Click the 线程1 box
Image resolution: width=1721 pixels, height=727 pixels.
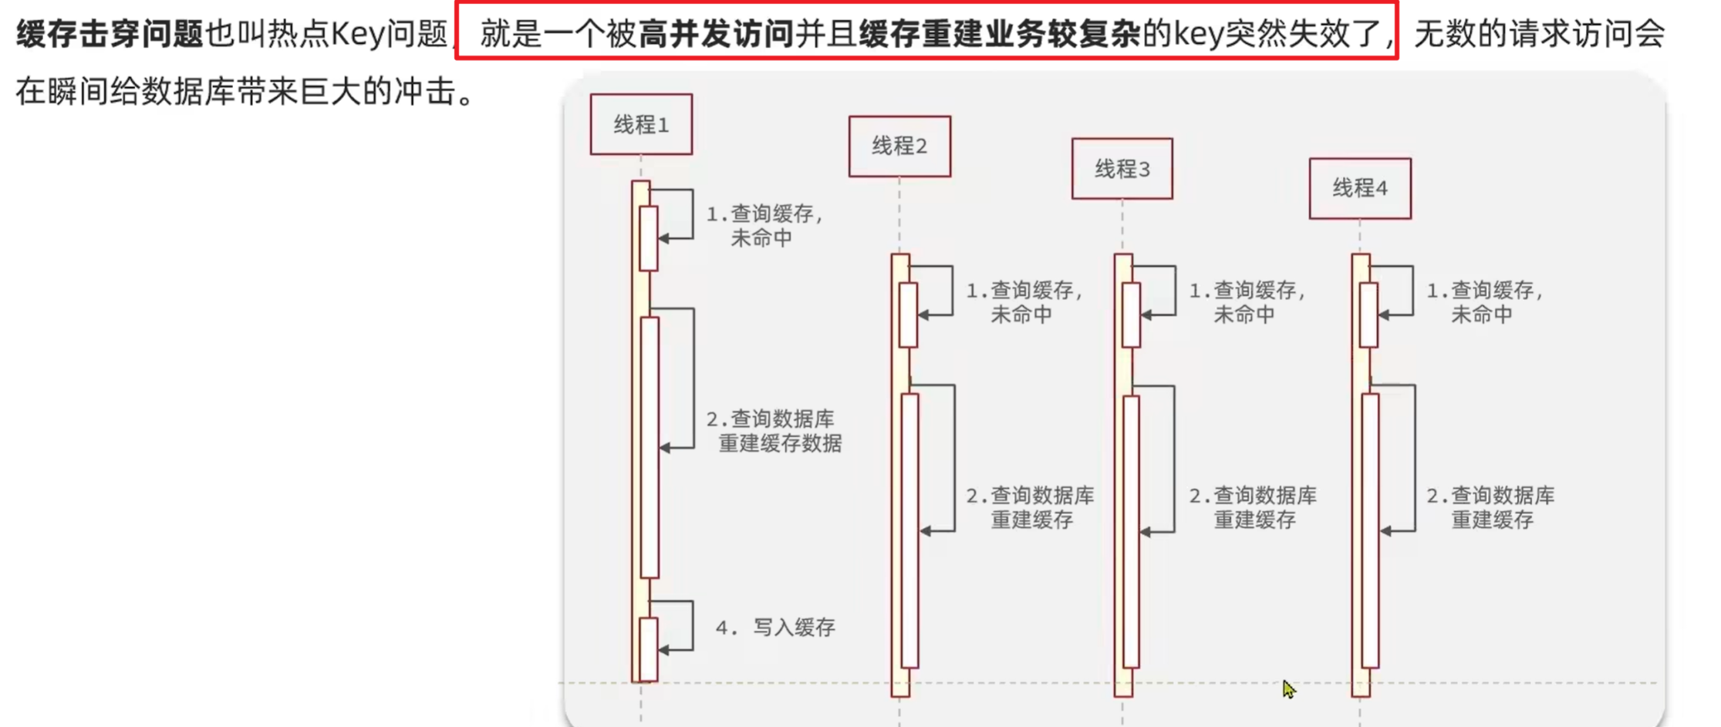tap(641, 124)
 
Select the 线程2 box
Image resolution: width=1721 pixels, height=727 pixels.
tap(899, 146)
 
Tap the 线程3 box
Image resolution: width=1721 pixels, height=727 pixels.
tap(1122, 168)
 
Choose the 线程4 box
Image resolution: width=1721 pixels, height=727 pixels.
tap(1360, 188)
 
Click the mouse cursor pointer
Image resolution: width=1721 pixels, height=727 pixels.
tap(1287, 688)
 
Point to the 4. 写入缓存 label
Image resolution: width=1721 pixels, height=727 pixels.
tap(775, 628)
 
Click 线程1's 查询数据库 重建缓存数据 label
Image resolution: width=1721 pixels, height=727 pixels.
tap(774, 431)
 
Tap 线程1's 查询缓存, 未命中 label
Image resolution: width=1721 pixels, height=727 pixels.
tap(764, 225)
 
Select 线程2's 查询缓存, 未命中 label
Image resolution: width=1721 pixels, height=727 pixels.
tap(1024, 302)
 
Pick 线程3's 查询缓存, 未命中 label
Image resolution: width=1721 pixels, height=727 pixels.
tap(1247, 302)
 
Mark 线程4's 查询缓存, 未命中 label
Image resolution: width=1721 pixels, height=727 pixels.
tap(1484, 302)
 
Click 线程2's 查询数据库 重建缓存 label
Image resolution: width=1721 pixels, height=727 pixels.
tap(1030, 507)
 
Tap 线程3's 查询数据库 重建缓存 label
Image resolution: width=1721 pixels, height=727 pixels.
tap(1253, 507)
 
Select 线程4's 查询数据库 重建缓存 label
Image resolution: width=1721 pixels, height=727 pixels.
tap(1490, 507)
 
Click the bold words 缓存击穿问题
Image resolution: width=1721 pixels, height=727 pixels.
tap(110, 34)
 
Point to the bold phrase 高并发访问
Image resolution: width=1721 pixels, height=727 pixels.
tap(716, 34)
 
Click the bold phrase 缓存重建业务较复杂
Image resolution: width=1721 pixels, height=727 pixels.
tap(999, 34)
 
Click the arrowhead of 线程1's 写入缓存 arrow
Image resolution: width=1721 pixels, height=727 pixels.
tap(663, 650)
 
